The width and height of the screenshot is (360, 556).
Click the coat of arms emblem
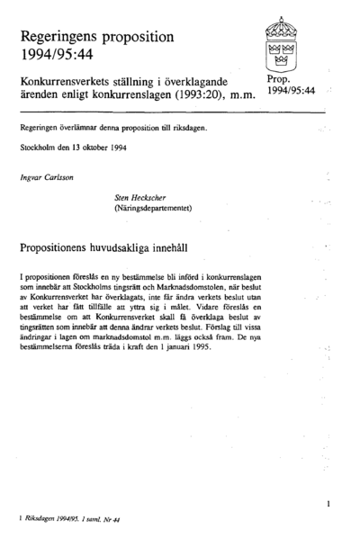coord(284,45)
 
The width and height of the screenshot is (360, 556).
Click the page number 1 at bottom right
coord(329,505)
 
